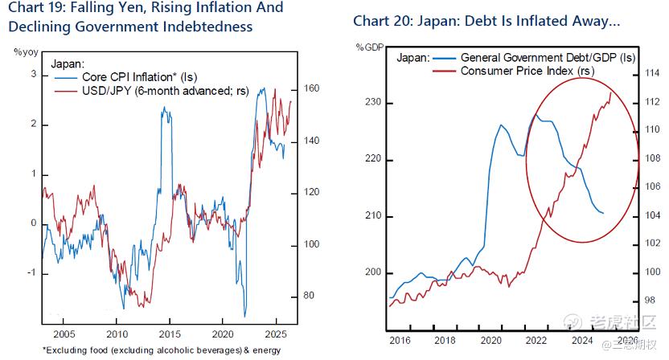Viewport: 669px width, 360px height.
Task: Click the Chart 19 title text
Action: pyautogui.click(x=145, y=17)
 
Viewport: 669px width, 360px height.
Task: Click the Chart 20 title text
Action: pyautogui.click(x=487, y=19)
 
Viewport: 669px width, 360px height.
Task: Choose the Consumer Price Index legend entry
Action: pyautogui.click(x=527, y=71)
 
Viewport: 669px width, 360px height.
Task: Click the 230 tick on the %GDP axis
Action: pyautogui.click(x=371, y=104)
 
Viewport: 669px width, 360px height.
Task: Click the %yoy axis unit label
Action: pyautogui.click(x=26, y=52)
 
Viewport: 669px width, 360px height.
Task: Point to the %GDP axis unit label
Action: pyautogui.click(x=370, y=47)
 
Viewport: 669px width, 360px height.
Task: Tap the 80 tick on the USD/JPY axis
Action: pyautogui.click(x=307, y=296)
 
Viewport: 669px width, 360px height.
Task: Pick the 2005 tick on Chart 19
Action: pyautogui.click(x=64, y=333)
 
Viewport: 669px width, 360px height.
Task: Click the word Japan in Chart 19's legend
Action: pyautogui.click(x=67, y=63)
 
